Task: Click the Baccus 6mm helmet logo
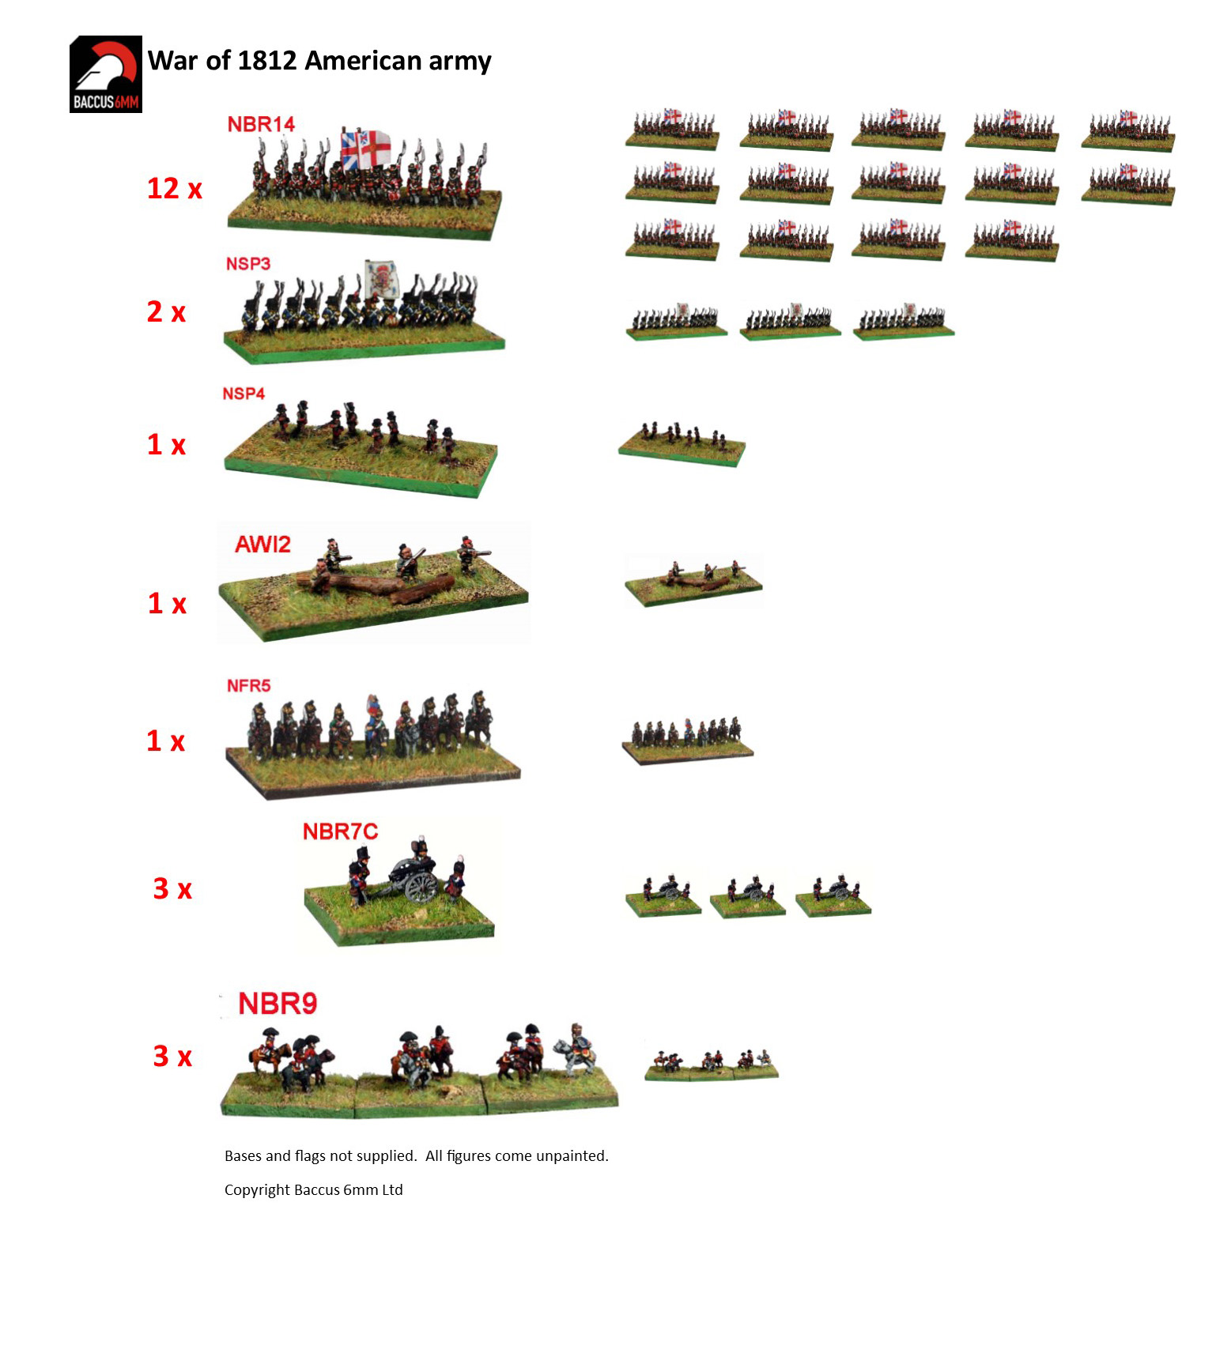pos(106,74)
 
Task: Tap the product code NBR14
pos(261,124)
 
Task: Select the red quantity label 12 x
pos(175,188)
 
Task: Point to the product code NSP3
pos(248,263)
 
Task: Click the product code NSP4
pos(244,394)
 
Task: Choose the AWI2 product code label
pos(262,544)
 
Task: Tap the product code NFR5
pos(249,685)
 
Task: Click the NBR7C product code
pos(341,831)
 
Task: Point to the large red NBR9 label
pos(278,1004)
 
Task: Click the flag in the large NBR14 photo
pos(365,149)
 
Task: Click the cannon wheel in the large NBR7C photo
pos(421,888)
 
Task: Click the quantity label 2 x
pos(166,311)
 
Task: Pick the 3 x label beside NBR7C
pos(172,888)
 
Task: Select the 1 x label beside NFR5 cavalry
pos(166,741)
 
